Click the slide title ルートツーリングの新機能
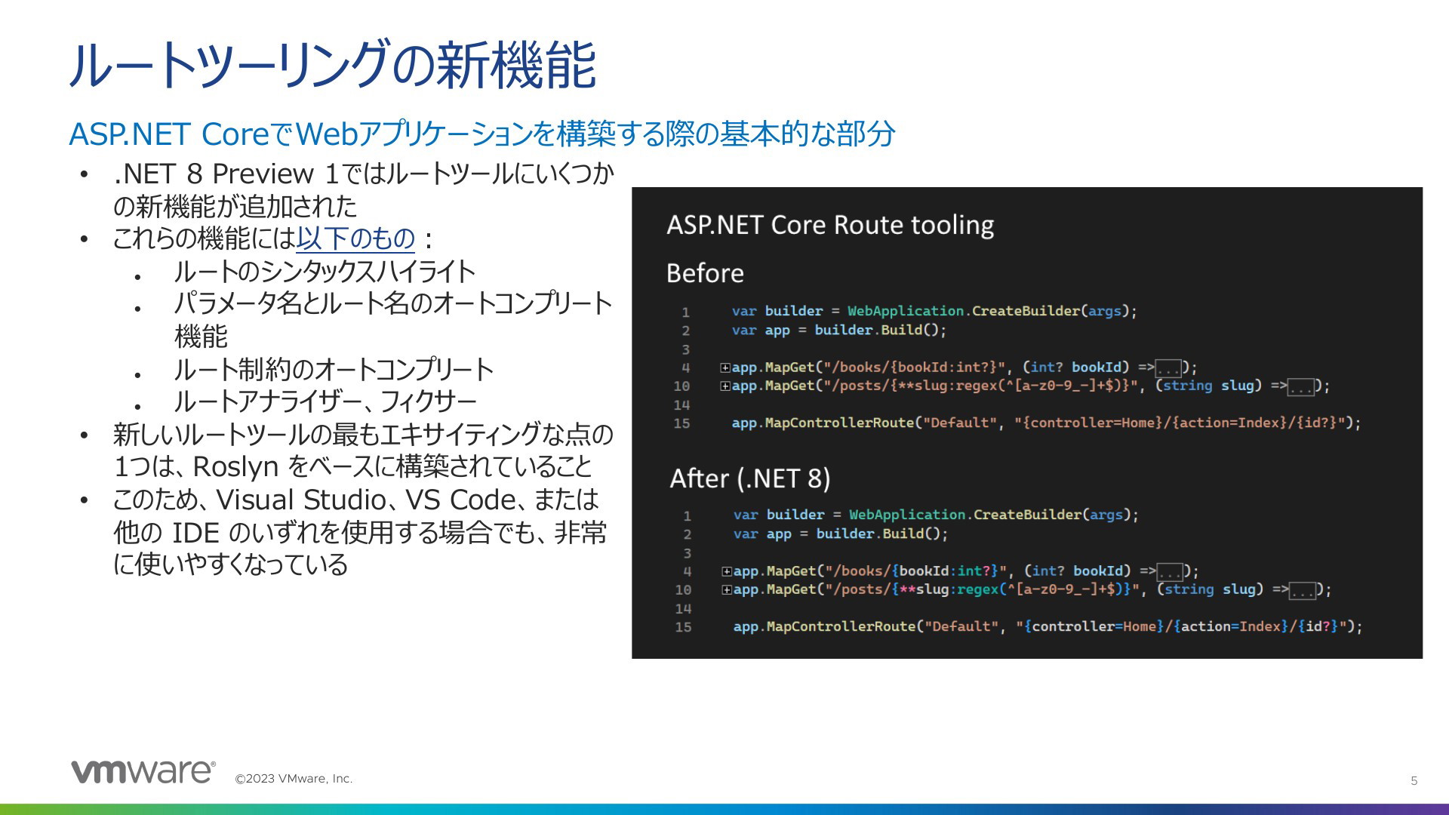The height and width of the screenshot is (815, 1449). click(x=333, y=66)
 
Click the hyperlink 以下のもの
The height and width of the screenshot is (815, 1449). click(x=355, y=238)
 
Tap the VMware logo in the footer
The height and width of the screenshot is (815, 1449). click(x=143, y=771)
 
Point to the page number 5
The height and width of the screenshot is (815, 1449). click(x=1414, y=781)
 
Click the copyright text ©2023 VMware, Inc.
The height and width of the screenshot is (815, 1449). click(x=294, y=779)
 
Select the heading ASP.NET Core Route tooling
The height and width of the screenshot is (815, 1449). click(x=830, y=225)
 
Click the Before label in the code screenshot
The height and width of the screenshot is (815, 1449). click(x=705, y=273)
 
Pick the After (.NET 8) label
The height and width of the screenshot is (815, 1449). click(x=750, y=478)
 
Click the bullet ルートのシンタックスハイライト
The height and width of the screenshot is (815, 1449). click(x=325, y=271)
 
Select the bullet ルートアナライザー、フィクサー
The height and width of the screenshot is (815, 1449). click(x=325, y=401)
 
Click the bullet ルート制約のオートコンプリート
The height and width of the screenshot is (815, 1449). click(x=334, y=369)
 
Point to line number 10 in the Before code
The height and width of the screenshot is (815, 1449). click(x=681, y=386)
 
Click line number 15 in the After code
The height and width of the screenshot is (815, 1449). click(x=683, y=627)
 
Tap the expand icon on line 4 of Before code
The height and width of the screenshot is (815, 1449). click(x=725, y=368)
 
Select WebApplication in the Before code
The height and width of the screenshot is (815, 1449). click(x=906, y=311)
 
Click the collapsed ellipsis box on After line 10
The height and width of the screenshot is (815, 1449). click(x=1302, y=591)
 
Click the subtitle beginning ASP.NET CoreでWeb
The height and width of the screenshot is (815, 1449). click(x=481, y=134)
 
